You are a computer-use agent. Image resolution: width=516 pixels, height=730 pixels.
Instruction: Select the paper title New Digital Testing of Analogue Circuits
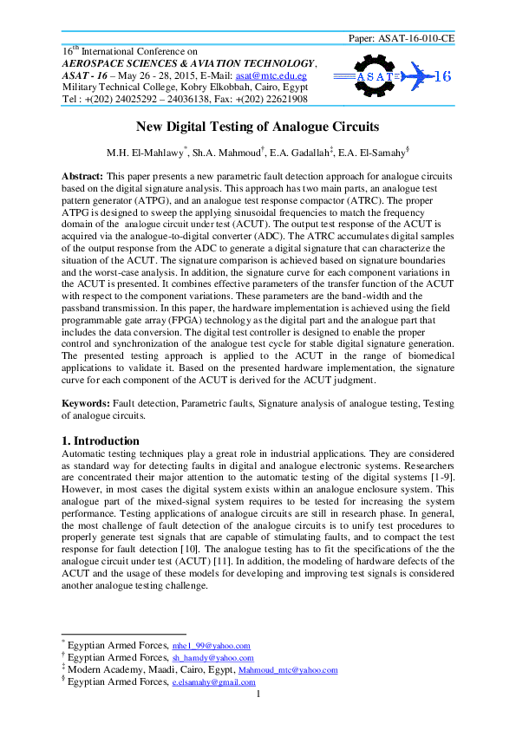[258, 127]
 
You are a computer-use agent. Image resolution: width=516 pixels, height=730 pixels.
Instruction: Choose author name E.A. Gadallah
[304, 154]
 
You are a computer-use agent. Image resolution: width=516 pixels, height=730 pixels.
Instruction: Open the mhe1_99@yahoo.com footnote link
[212, 646]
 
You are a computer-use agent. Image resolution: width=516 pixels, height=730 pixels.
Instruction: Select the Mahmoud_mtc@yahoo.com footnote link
[287, 670]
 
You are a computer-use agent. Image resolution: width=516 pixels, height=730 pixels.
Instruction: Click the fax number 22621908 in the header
[279, 99]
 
